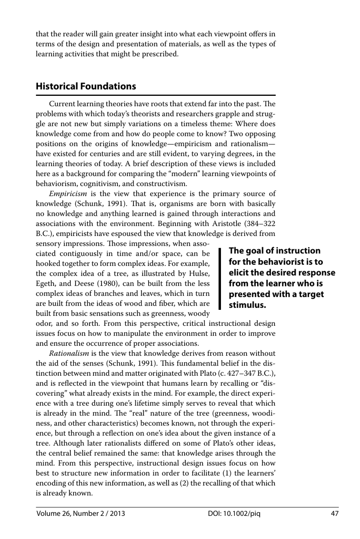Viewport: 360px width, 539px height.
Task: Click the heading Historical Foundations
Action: coord(86,86)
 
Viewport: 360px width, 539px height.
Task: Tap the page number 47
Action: coord(334,514)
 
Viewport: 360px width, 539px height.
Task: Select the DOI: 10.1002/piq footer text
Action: coord(234,514)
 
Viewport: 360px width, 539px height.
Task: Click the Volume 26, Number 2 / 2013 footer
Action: coord(80,514)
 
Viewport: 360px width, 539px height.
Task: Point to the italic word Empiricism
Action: coord(68,194)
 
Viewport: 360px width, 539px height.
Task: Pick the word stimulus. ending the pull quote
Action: coord(247,305)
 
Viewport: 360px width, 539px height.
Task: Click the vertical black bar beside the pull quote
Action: coord(219,278)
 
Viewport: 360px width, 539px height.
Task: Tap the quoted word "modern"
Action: coord(180,174)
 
